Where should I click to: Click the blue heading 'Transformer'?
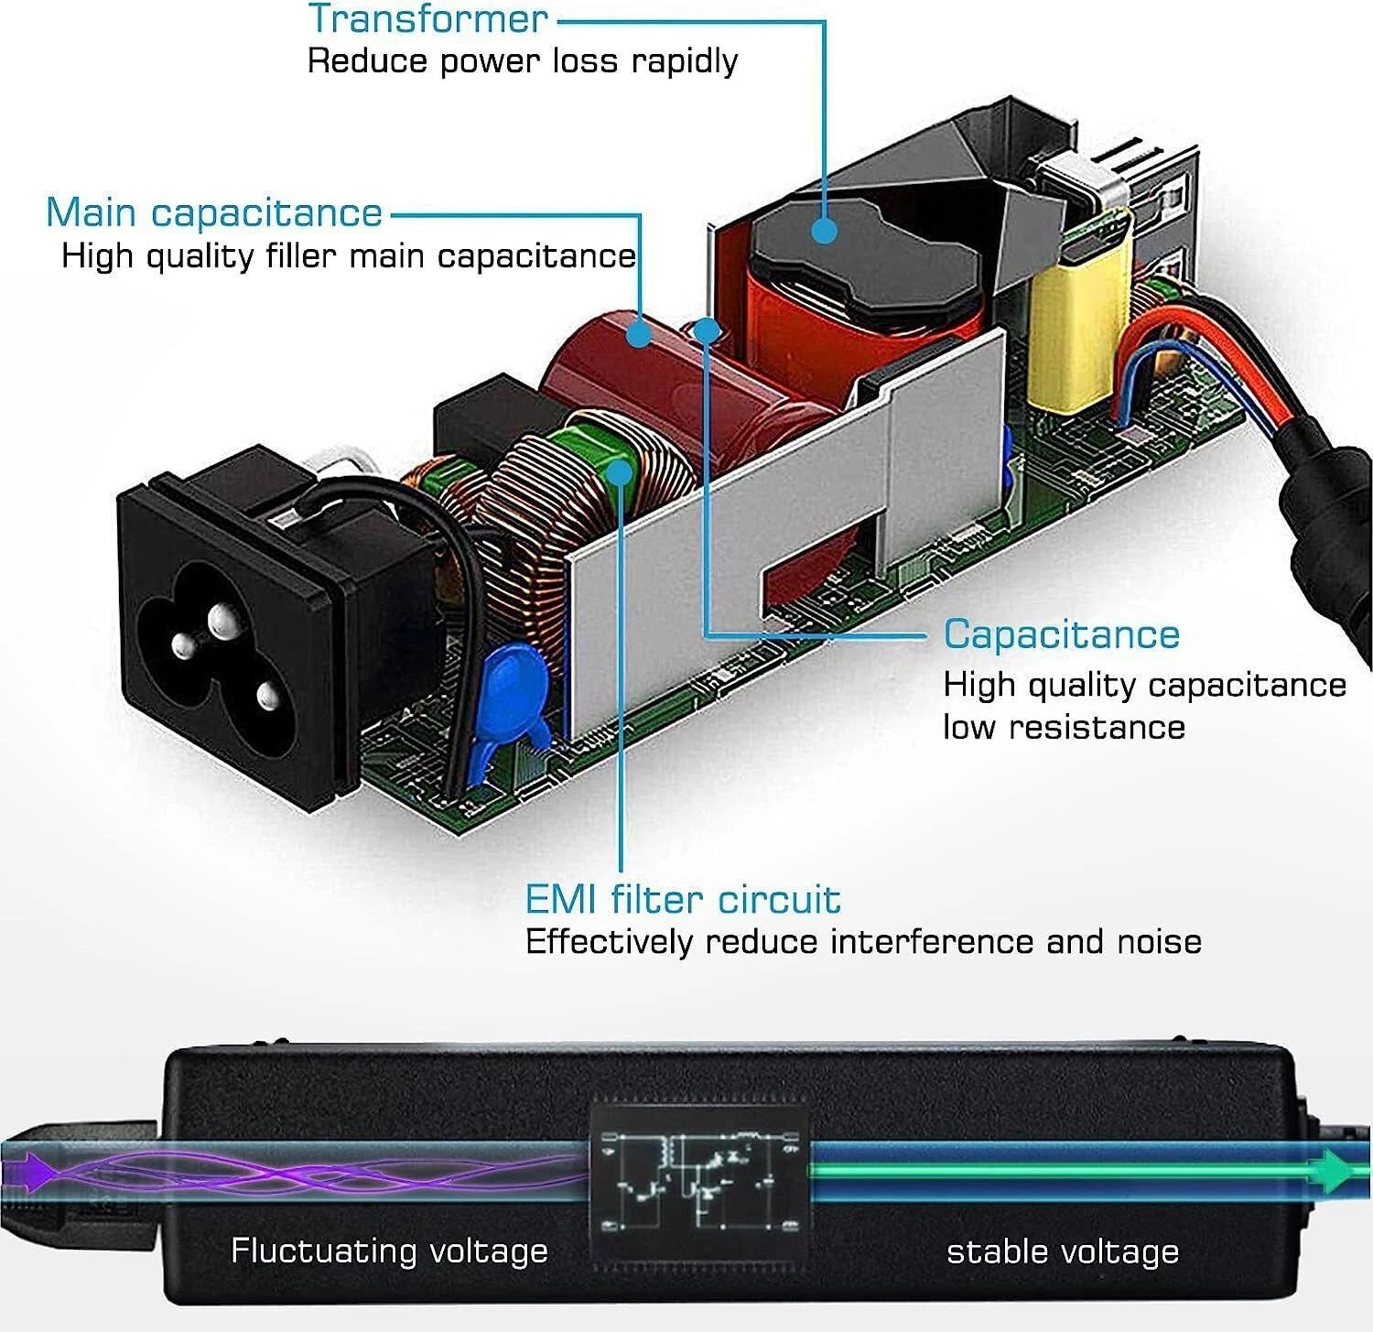click(427, 18)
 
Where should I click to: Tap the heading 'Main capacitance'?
click(214, 212)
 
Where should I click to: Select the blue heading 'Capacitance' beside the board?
click(1062, 634)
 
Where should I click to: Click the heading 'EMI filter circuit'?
click(683, 899)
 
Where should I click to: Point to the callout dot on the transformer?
click(825, 230)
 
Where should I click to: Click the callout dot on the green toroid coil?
click(621, 473)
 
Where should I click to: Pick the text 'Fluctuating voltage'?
click(389, 1251)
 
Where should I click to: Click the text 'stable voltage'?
click(1063, 1251)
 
